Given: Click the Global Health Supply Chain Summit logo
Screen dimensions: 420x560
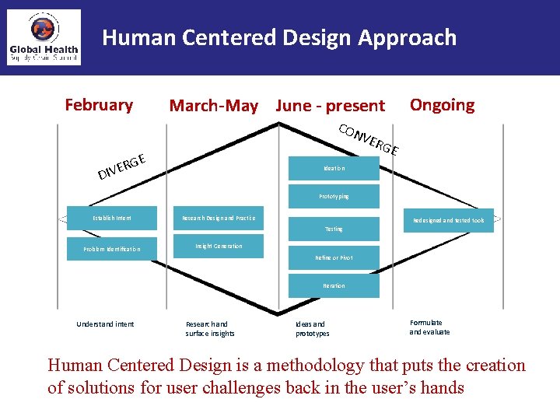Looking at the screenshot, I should (x=44, y=37).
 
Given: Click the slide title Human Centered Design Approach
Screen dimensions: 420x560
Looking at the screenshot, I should (x=279, y=37).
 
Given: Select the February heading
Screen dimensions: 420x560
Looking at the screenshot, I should (x=99, y=105).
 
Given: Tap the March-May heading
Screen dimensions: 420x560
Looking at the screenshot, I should (x=214, y=106).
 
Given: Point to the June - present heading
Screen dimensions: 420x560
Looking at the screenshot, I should (x=331, y=106).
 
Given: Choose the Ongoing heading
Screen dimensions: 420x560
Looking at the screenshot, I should (x=442, y=105).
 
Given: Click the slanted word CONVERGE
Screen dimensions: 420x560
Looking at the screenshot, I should (x=369, y=138).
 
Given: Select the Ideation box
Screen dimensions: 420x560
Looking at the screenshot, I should (x=334, y=168).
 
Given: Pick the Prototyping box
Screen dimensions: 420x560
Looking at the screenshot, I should (x=334, y=196).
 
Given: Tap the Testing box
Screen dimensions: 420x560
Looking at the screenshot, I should (x=334, y=229).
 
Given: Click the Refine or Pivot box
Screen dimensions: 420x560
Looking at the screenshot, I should (x=334, y=257).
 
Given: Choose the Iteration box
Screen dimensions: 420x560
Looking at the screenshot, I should (x=334, y=285).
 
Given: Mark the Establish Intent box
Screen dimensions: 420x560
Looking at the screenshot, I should (x=112, y=218).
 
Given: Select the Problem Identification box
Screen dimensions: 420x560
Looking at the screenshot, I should (x=112, y=249).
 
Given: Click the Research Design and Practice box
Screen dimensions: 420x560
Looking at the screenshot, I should (x=218, y=218).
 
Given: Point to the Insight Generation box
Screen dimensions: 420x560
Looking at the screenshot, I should (x=219, y=247).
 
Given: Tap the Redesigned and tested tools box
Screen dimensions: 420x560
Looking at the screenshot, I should (x=448, y=220).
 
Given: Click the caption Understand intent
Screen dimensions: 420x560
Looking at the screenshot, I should (x=105, y=324).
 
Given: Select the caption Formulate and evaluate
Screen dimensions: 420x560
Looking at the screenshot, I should (x=429, y=327).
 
